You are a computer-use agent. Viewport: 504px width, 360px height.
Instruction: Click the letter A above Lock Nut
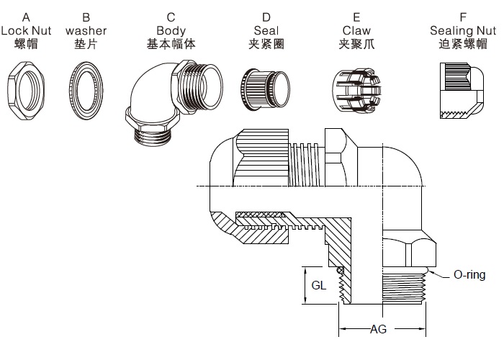(25, 17)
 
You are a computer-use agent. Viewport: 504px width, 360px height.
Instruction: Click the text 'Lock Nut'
(25, 30)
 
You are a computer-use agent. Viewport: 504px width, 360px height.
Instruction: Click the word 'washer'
(86, 30)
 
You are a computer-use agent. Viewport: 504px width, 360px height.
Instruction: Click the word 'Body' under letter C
(171, 30)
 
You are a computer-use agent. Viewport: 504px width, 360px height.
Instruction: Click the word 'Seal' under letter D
(266, 30)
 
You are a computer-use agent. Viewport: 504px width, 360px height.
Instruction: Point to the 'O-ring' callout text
(469, 275)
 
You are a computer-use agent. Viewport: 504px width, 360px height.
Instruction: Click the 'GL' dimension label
(319, 285)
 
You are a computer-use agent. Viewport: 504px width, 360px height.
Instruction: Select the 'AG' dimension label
(378, 330)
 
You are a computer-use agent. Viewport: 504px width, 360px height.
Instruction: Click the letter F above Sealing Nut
(462, 17)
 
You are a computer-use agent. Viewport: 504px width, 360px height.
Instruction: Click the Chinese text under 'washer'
(86, 44)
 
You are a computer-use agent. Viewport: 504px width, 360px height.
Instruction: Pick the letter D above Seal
(266, 17)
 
